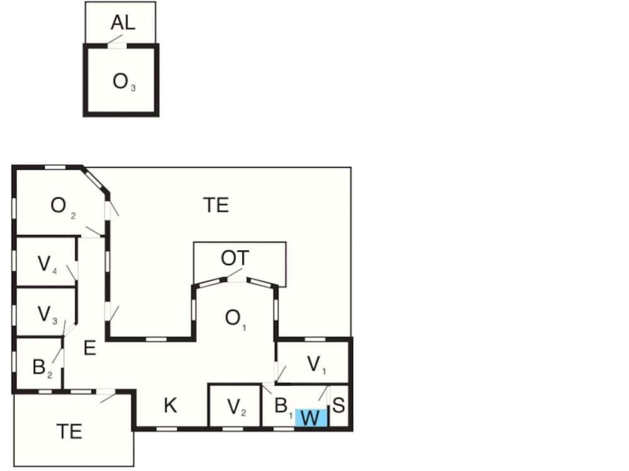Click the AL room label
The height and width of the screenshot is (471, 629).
[123, 23]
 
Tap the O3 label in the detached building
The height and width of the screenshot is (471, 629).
[124, 82]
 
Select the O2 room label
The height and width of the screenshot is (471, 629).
[63, 207]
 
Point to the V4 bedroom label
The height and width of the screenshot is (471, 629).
[47, 265]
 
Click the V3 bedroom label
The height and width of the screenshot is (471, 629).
[47, 315]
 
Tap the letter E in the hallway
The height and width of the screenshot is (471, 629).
[90, 348]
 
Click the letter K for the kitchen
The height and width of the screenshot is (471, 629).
[170, 405]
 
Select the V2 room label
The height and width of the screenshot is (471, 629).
[237, 408]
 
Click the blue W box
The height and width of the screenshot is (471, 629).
[311, 418]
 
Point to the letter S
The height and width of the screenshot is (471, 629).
[338, 405]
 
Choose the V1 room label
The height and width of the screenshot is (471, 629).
[317, 365]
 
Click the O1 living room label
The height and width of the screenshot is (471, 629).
[236, 319]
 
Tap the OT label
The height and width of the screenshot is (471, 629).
[235, 258]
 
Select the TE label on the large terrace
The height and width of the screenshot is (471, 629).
[216, 205]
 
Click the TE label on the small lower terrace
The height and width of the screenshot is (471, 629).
[69, 431]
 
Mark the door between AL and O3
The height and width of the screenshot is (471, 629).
[117, 46]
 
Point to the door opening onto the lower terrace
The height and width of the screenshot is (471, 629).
[106, 391]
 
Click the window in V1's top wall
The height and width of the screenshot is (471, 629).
[315, 339]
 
